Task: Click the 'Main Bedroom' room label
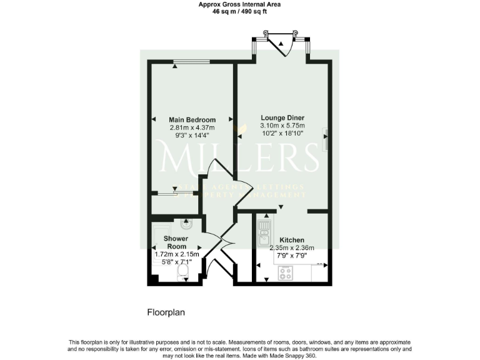click(x=192, y=120)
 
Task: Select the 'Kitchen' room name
click(x=292, y=240)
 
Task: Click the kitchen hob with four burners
click(x=285, y=272)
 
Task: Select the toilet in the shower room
click(x=183, y=273)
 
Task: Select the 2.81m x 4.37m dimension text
click(x=192, y=127)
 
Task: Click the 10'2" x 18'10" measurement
click(x=282, y=133)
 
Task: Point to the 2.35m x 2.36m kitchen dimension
click(x=292, y=247)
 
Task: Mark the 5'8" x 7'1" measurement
click(x=177, y=262)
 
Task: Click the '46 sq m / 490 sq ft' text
click(x=239, y=11)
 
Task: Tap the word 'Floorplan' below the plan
click(x=166, y=312)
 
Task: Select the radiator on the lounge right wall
click(x=325, y=139)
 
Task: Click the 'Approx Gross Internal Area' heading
click(x=239, y=4)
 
